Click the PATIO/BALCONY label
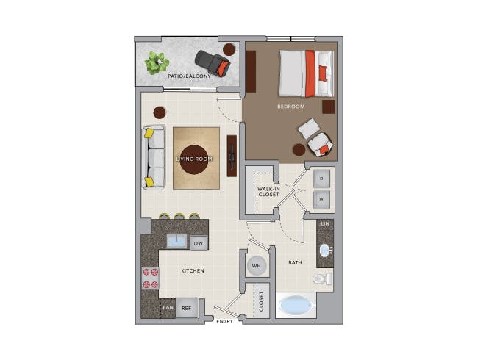(189, 76)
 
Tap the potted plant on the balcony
(156, 62)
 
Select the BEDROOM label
(290, 107)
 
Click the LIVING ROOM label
(195, 159)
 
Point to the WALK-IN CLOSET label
(268, 192)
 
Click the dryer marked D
(321, 178)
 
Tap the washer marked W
(321, 199)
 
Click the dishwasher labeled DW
(198, 243)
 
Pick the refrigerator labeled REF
(187, 309)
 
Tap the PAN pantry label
(168, 309)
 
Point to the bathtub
(296, 305)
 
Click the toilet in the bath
(322, 279)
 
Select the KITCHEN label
(193, 271)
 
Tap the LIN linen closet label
(324, 223)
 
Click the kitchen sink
(176, 241)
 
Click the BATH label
(295, 262)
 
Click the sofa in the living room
(154, 157)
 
